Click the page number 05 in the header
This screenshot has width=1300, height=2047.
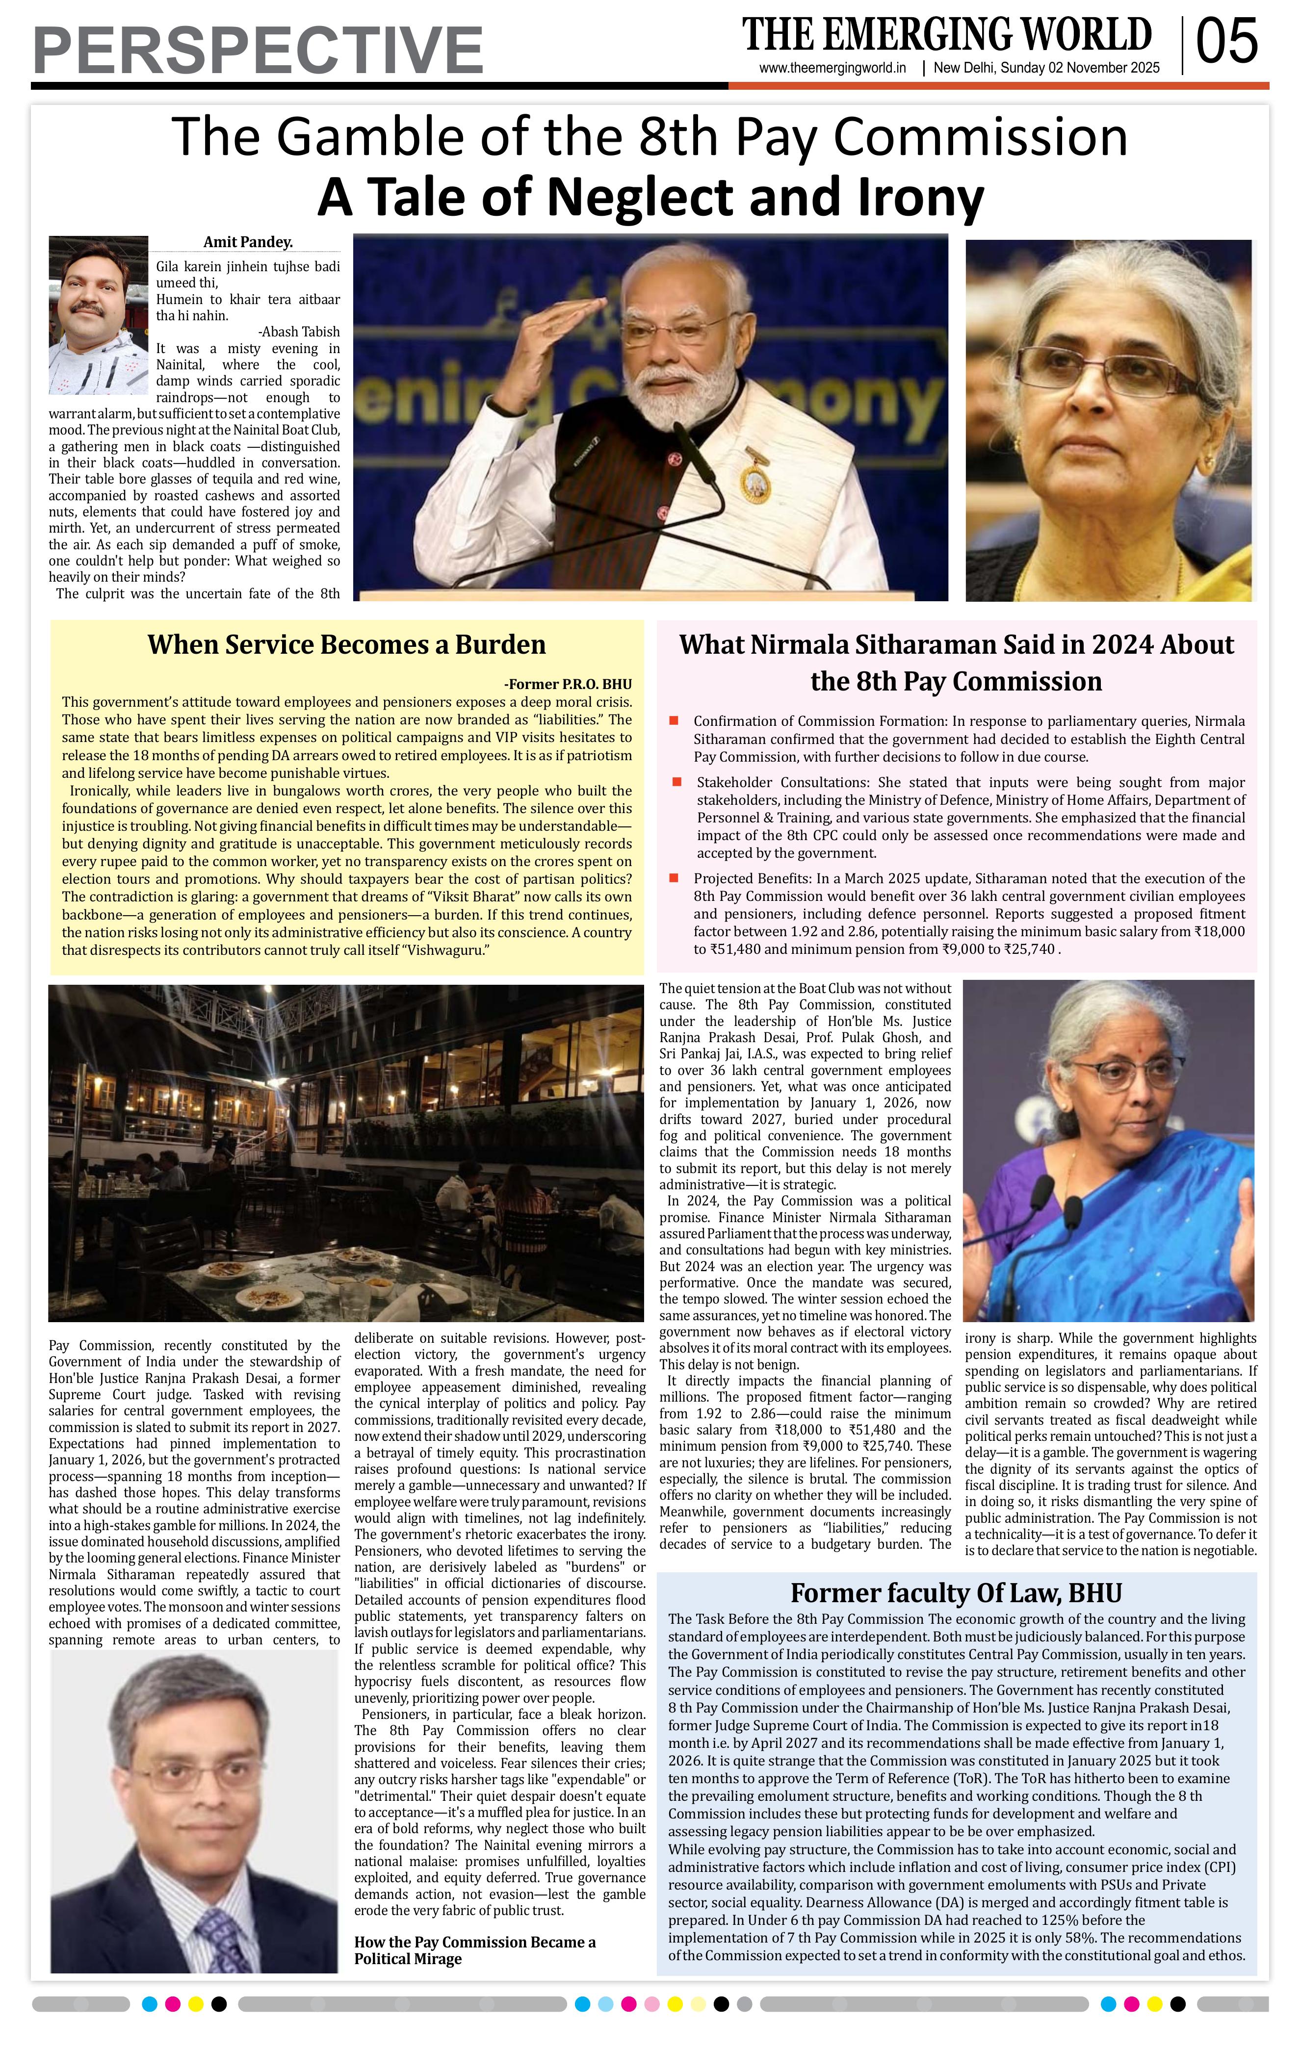point(1227,43)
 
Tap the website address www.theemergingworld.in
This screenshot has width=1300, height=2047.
point(832,69)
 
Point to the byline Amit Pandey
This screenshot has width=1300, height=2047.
point(247,242)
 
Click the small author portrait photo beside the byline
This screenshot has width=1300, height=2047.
point(99,314)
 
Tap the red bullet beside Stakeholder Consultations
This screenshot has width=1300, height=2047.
point(677,781)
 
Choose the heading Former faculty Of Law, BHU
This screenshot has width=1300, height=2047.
point(956,1592)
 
